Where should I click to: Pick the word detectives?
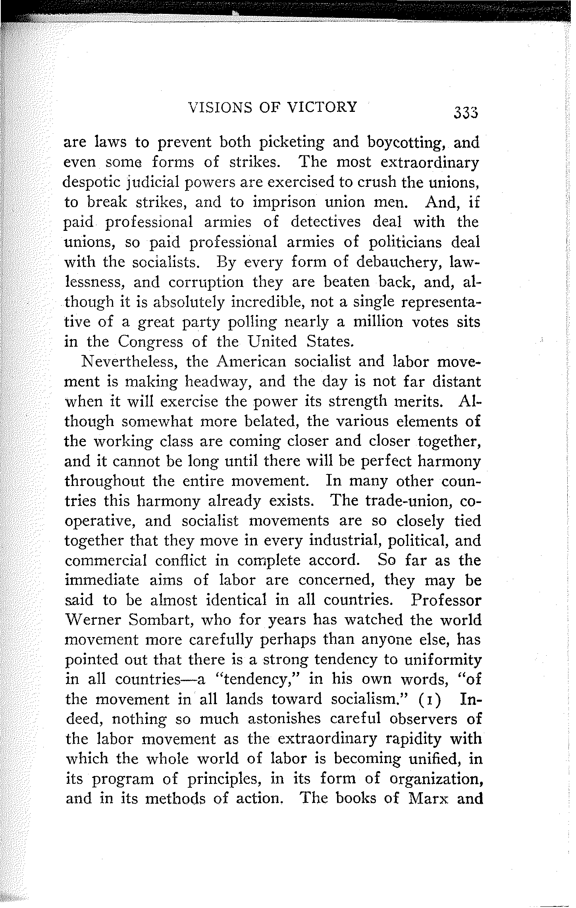pyautogui.click(x=326, y=222)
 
